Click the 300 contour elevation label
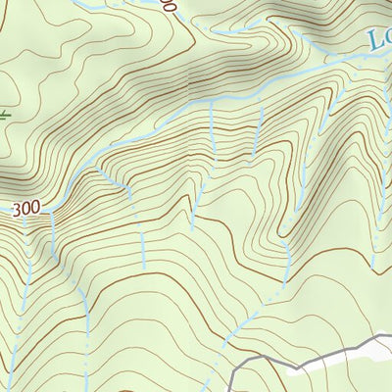click(x=28, y=210)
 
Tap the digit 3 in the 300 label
click(x=20, y=210)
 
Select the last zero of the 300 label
click(x=37, y=210)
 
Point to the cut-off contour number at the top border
click(x=170, y=5)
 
